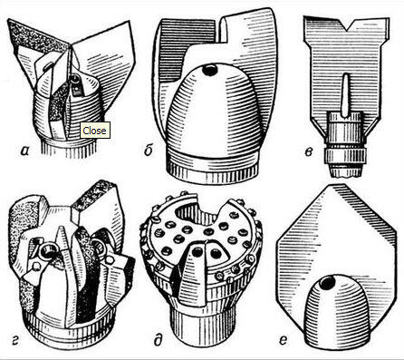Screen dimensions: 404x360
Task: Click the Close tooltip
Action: [x=94, y=131]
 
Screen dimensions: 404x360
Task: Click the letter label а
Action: [x=24, y=151]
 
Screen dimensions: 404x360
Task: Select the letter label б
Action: [x=148, y=150]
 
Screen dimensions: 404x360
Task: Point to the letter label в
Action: [x=308, y=151]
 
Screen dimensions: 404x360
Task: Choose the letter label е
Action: [x=283, y=341]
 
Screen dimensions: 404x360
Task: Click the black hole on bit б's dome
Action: [x=209, y=70]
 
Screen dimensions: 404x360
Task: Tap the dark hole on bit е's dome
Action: [x=327, y=283]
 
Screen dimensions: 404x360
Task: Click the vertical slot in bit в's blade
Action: [x=345, y=95]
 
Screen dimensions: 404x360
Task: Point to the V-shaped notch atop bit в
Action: [x=347, y=24]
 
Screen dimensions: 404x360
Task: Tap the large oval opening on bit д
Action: [x=195, y=210]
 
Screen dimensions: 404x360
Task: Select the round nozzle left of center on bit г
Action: [x=48, y=250]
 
